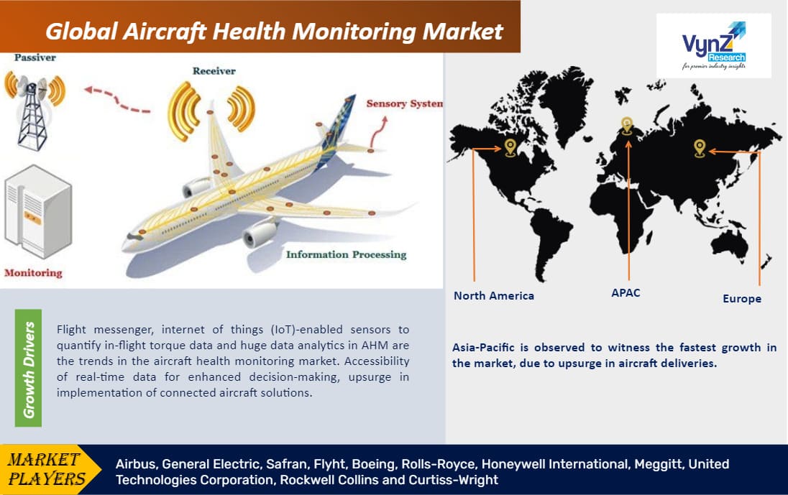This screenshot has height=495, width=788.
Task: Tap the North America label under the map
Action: click(493, 296)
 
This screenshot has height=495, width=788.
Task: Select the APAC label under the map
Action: click(625, 293)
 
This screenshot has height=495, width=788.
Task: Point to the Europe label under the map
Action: click(741, 298)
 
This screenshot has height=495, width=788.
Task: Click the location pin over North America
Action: click(510, 147)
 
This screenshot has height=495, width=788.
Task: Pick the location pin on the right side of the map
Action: click(699, 148)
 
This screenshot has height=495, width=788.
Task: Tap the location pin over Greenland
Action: click(627, 126)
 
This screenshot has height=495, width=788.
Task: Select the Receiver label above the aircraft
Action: click(214, 71)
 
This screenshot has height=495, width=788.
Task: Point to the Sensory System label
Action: click(404, 103)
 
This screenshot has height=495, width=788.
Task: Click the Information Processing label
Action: click(346, 254)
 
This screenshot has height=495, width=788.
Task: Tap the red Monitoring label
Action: click(33, 273)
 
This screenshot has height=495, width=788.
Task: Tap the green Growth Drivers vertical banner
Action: click(29, 369)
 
